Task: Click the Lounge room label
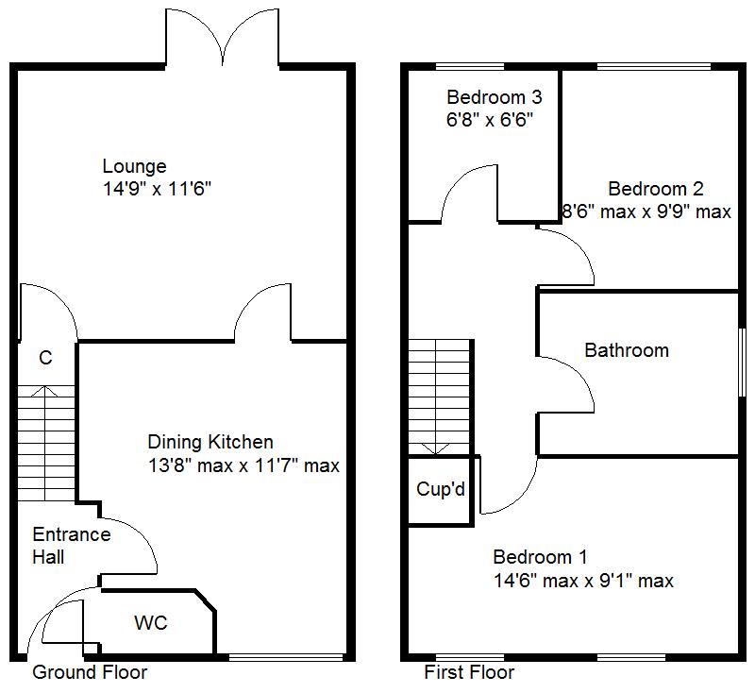click(134, 167)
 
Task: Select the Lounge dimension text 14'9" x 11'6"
click(157, 189)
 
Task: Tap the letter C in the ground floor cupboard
click(45, 358)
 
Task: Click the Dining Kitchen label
click(210, 442)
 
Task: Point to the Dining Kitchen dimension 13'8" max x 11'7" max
click(243, 465)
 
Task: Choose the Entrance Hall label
click(72, 546)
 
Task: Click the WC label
click(150, 624)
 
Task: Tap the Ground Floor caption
click(90, 672)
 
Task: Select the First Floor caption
click(469, 672)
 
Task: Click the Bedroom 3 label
click(494, 97)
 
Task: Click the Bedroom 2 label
click(655, 189)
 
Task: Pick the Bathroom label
click(627, 350)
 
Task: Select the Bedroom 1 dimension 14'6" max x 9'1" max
click(583, 581)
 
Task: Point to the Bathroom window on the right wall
click(741, 362)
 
